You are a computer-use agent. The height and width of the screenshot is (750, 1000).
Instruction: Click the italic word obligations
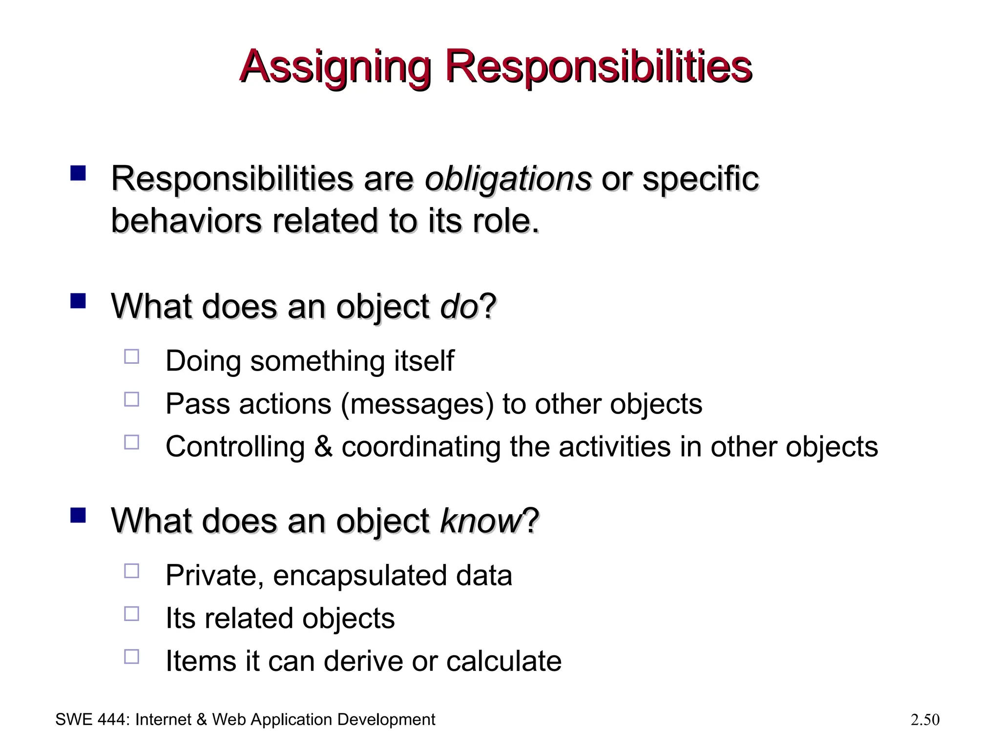pos(508,179)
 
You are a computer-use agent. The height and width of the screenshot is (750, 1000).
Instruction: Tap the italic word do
pos(458,307)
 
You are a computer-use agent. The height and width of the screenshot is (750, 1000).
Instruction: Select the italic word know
pos(481,521)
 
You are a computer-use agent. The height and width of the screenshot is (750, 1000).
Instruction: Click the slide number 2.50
pos(925,720)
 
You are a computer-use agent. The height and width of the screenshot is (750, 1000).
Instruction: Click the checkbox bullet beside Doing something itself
pos(132,357)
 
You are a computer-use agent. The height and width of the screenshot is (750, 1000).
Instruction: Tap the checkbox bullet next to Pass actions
pos(132,400)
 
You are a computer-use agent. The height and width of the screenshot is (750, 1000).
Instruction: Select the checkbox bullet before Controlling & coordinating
pos(132,442)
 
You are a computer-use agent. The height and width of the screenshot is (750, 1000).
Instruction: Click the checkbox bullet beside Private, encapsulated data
pos(132,571)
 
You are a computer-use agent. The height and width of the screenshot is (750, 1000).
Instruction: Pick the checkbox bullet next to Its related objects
pos(132,614)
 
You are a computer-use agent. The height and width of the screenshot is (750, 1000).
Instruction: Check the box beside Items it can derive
pos(132,657)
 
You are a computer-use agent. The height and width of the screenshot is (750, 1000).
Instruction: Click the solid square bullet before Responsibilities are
pos(78,173)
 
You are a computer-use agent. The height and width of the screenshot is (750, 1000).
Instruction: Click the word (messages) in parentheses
pos(417,404)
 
